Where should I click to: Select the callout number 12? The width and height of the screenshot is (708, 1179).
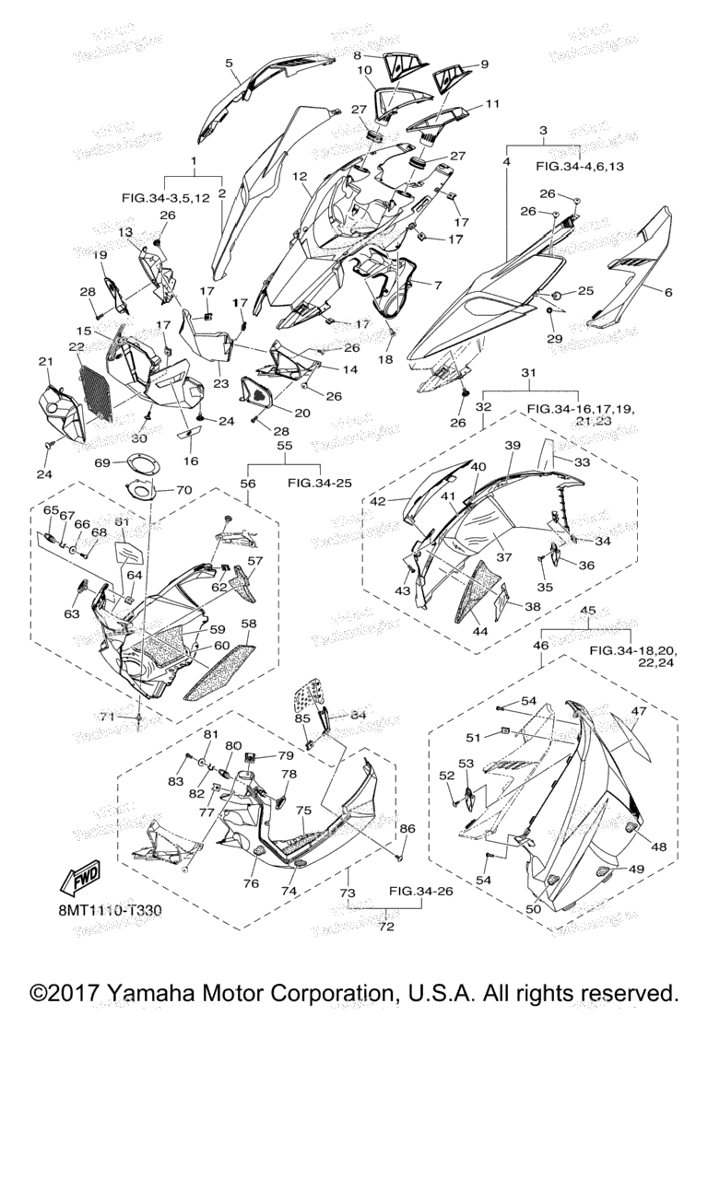point(300,177)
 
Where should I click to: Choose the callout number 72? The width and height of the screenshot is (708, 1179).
point(386,927)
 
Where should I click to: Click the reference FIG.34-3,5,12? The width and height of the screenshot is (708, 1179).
point(167,196)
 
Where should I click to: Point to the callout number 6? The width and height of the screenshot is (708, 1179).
point(668,292)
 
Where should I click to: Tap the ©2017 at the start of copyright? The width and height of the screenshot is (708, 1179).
point(65,994)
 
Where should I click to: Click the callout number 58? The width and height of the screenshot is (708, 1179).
point(249,624)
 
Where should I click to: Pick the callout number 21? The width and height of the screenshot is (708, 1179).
point(43,362)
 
